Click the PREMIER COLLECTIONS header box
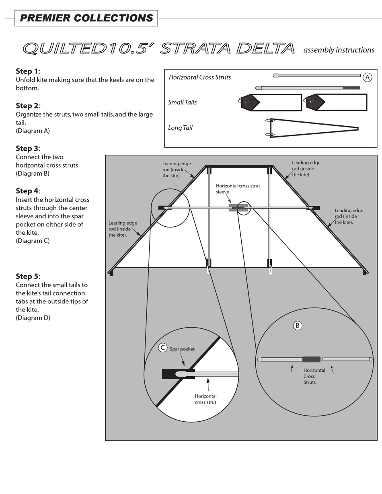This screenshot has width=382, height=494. point(86,18)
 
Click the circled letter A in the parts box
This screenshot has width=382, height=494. point(367,77)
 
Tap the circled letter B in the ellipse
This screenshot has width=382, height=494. point(298,326)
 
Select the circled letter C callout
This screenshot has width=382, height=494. point(162,348)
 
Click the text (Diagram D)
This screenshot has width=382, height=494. point(33,318)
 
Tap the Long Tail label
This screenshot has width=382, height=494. point(180,128)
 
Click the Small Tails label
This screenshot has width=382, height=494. point(182,102)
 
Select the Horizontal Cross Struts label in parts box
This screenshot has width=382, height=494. point(200,77)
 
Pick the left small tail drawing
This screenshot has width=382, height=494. point(269,102)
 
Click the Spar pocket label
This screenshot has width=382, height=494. point(182,349)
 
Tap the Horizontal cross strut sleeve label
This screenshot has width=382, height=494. point(238,189)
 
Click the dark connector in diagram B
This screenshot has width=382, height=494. point(311,359)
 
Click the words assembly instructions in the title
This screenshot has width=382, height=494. point(339,50)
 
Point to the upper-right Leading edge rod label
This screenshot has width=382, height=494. point(306,168)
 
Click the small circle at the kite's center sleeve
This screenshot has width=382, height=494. point(243,208)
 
